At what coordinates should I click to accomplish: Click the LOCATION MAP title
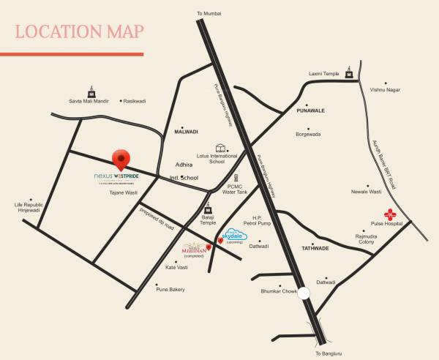tap(79, 31)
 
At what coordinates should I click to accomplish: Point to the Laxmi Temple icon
tap(350, 72)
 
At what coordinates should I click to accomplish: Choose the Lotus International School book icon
tap(220, 148)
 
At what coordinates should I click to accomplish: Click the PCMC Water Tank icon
tap(236, 178)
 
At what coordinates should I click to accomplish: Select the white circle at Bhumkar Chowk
tap(304, 293)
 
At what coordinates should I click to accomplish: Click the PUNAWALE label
tap(311, 110)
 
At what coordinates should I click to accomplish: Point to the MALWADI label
tap(187, 132)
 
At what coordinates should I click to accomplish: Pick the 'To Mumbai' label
tap(209, 14)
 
